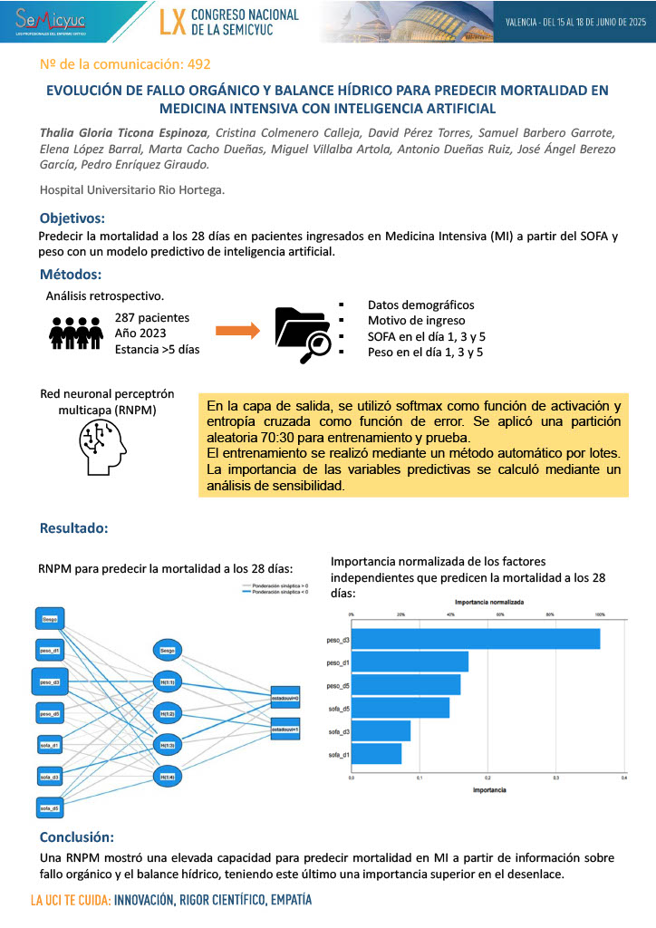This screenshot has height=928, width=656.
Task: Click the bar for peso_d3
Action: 475,639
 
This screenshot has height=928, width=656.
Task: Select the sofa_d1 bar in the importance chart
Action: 376,754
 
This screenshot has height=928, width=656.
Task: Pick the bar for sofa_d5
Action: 400,708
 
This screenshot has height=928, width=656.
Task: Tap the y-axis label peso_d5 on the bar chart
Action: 338,685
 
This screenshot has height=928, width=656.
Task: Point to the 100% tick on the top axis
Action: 599,614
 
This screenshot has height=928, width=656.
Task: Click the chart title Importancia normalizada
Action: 488,602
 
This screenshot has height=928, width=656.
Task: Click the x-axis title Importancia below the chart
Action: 489,790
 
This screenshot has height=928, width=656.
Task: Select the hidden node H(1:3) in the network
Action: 167,745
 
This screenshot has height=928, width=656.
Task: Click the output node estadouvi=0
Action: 285,697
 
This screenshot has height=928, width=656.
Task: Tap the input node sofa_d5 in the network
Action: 50,807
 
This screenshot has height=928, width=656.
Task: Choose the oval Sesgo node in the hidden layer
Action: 167,650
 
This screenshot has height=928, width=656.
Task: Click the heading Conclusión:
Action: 77,836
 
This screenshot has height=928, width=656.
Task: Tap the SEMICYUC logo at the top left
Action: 53,21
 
